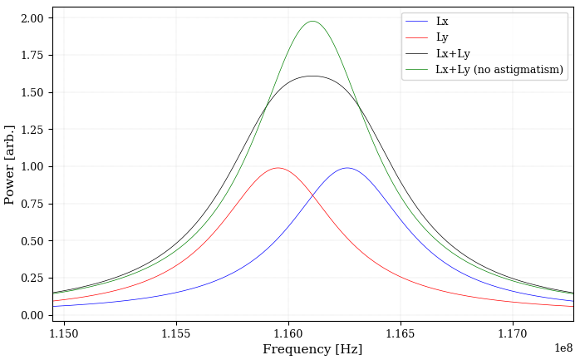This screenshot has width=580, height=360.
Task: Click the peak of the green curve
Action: [x=312, y=22]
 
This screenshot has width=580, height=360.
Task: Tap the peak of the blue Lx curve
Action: [x=347, y=168]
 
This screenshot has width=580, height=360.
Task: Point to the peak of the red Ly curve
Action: [x=278, y=168]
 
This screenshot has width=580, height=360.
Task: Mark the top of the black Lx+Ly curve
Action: [x=312, y=76]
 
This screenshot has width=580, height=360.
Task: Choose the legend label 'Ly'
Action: [x=442, y=37]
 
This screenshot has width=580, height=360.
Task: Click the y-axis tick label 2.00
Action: [x=32, y=18]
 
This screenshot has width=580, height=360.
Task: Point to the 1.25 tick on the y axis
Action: [x=32, y=130]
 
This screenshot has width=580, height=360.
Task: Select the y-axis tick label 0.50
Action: [x=32, y=241]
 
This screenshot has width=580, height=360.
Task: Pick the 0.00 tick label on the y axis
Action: [x=32, y=315]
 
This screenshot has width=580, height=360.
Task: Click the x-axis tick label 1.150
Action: [x=64, y=334]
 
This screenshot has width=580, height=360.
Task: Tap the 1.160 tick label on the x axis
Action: [x=288, y=334]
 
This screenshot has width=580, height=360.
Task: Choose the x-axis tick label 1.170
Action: [x=513, y=334]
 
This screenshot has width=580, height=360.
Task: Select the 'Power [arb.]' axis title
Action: [x=10, y=165]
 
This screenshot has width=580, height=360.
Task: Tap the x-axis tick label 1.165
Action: [x=401, y=334]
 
